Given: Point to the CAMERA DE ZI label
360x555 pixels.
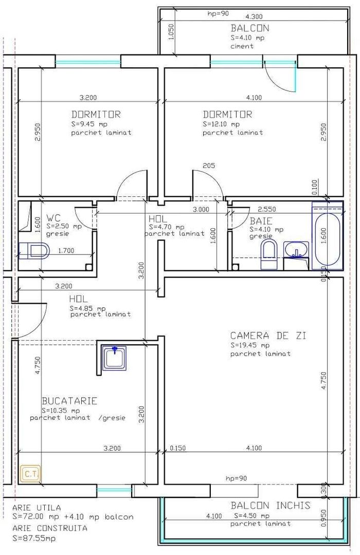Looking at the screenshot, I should point(268,336).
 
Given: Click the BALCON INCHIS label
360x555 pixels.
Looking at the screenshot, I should point(270,505).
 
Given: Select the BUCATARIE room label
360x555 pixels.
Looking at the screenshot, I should point(69,401).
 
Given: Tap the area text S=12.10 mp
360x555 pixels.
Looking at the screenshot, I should point(221,124).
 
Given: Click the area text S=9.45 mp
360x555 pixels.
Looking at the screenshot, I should point(88,124).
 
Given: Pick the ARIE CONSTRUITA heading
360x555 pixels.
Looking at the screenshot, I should point(50,528).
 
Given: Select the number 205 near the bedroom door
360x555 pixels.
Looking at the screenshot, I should point(209,165).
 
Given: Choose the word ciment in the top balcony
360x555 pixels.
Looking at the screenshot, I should point(242,46).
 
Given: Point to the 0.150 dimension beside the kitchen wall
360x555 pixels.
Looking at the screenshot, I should point(177,448).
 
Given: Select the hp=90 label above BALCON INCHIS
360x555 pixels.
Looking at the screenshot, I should point(236,478).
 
